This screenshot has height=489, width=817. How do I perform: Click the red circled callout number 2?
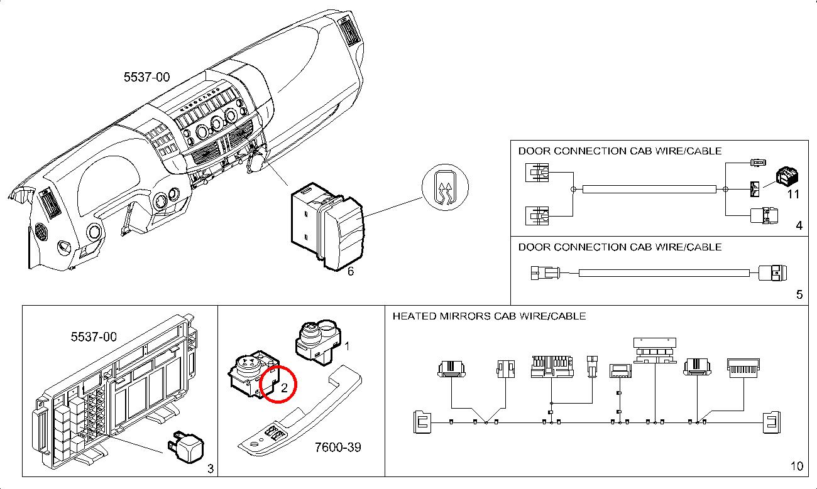click(x=284, y=388)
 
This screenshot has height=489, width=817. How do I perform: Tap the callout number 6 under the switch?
click(x=351, y=271)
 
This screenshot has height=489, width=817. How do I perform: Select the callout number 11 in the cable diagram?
click(x=794, y=194)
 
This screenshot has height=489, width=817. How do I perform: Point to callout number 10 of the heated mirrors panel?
click(x=796, y=466)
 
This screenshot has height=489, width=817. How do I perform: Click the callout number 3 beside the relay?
click(x=211, y=468)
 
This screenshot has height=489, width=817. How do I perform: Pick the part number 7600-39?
click(x=338, y=448)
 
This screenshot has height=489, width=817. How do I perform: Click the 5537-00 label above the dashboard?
click(x=146, y=77)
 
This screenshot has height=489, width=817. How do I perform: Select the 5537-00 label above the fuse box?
click(x=94, y=337)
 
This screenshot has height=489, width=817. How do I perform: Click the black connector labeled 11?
click(x=786, y=177)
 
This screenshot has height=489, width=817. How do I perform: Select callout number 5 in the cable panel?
click(x=799, y=294)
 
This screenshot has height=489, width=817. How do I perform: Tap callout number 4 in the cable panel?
click(x=799, y=225)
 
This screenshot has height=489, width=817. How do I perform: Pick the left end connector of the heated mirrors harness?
click(x=421, y=422)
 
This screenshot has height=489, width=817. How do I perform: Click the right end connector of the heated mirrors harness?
click(x=771, y=422)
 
